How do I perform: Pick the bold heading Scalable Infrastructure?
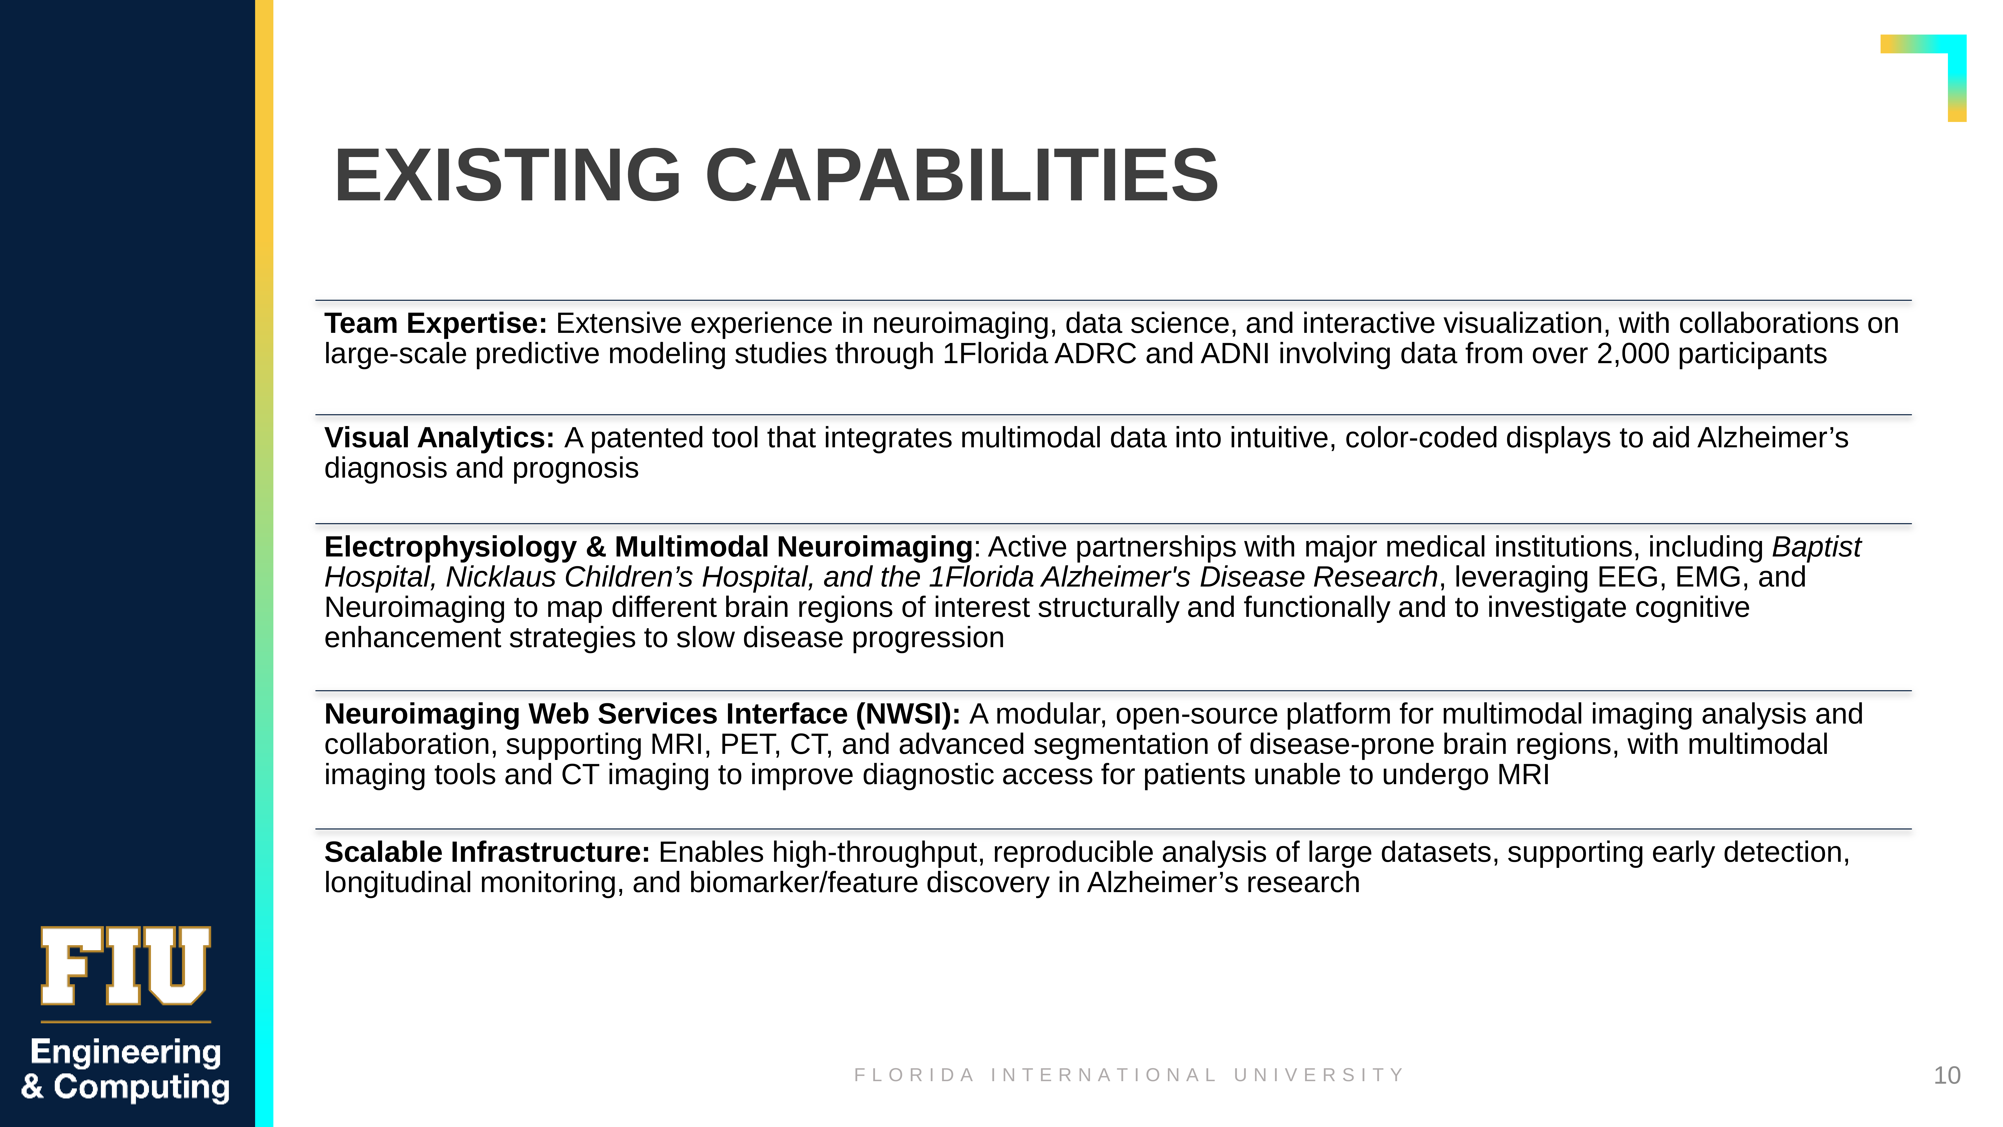click(x=487, y=853)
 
